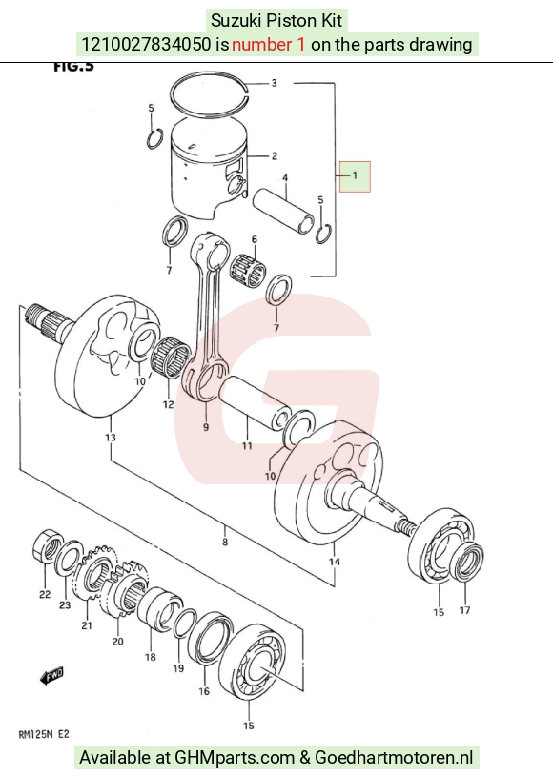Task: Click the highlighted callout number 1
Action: pyautogui.click(x=355, y=175)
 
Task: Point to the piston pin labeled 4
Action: pyautogui.click(x=283, y=212)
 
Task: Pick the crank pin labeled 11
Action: pyautogui.click(x=255, y=404)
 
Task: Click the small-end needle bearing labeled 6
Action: pyautogui.click(x=248, y=272)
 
